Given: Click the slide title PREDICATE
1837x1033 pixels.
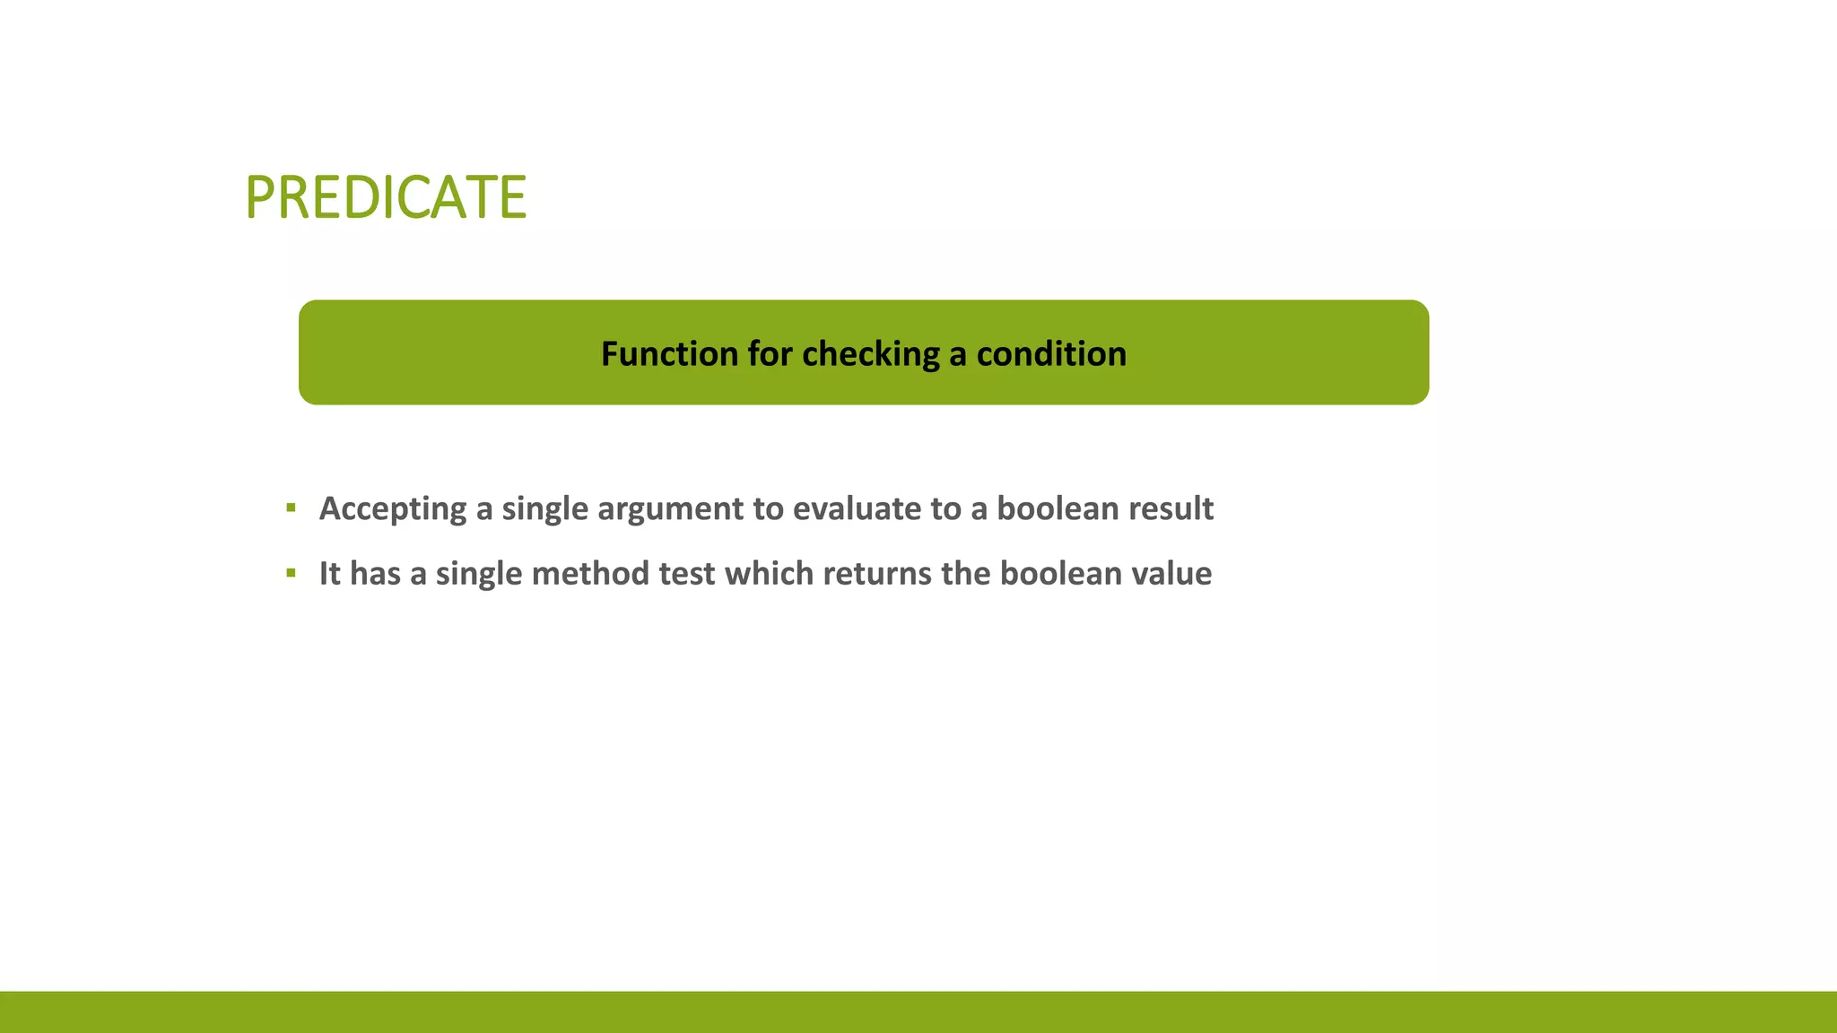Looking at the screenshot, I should point(386,197).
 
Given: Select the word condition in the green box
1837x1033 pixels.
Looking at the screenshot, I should point(1051,354).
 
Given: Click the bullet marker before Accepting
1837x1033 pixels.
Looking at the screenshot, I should point(291,508).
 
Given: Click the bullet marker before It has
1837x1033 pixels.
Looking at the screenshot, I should point(291,573).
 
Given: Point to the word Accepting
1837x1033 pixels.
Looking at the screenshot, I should point(393,509).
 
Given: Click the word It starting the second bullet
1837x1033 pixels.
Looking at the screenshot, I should point(329,573).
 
